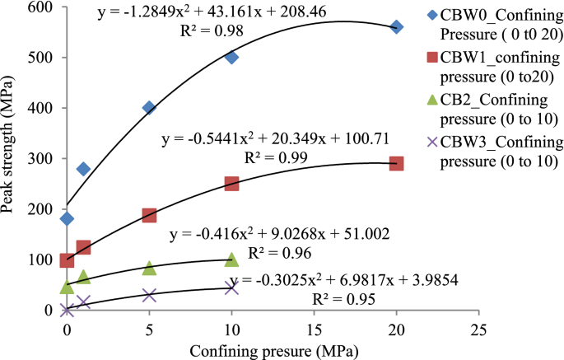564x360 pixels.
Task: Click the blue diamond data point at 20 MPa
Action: (396, 26)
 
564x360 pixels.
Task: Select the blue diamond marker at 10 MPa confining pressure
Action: (231, 58)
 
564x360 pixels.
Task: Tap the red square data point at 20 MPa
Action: (396, 163)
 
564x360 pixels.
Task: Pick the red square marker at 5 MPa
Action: (149, 215)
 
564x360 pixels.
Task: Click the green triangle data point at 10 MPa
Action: (231, 259)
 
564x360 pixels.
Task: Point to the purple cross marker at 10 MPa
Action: (231, 287)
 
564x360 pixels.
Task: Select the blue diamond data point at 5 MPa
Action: (149, 108)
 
